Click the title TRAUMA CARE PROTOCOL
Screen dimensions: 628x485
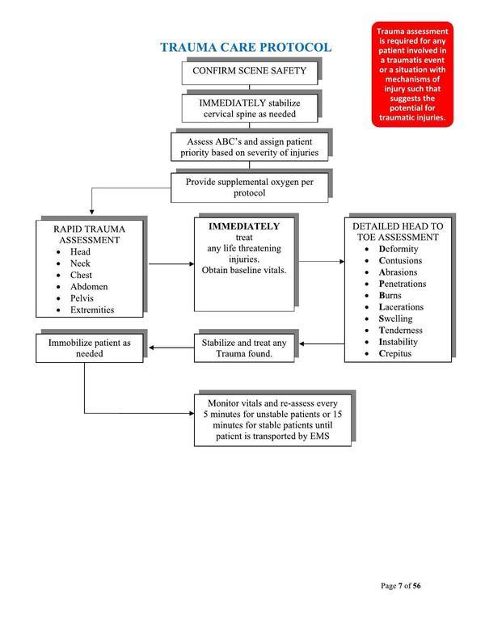(x=246, y=47)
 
